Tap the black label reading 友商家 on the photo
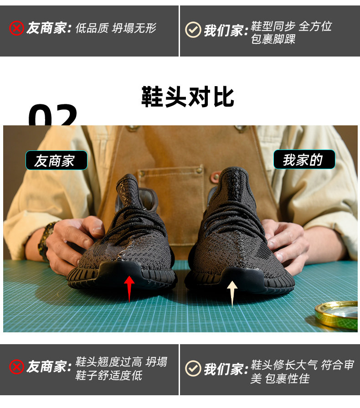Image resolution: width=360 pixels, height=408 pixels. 57,160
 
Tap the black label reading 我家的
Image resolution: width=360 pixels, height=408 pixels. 304,160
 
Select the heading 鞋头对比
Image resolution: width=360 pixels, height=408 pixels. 188,97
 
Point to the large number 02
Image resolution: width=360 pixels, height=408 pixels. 52,115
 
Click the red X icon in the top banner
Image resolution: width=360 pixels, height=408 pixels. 17,28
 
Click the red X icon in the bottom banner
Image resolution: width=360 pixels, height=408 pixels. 17,367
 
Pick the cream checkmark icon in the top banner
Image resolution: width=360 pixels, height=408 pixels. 193,30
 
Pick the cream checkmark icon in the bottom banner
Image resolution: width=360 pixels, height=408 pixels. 193,368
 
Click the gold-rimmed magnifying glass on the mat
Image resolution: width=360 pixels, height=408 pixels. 337,315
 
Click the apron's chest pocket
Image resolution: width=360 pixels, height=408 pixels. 170,192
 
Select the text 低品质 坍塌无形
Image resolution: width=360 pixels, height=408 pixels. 116,28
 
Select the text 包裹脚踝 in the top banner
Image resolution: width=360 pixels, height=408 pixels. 273,39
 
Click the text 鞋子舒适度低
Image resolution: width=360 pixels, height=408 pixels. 109,375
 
